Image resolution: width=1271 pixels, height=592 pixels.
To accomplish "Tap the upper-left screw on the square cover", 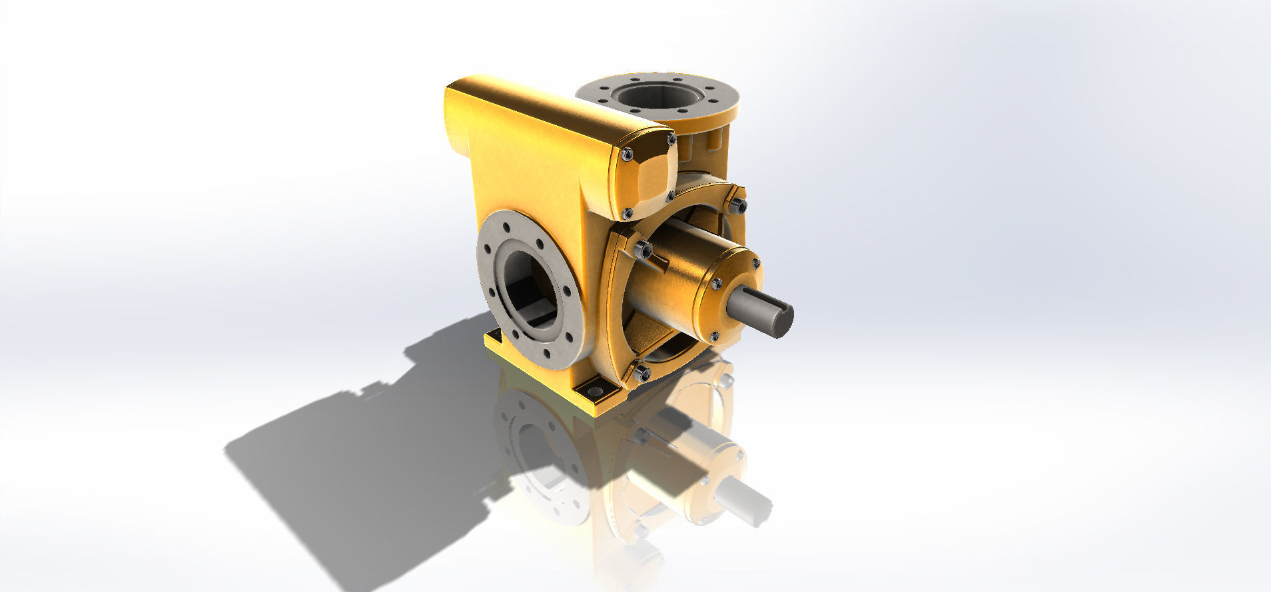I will coord(627,154).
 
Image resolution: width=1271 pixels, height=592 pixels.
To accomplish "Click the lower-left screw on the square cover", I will coord(628,213).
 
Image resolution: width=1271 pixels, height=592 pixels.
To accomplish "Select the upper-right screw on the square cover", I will coord(670,140).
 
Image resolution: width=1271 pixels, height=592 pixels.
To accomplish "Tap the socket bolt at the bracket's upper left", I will coord(643,250).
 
